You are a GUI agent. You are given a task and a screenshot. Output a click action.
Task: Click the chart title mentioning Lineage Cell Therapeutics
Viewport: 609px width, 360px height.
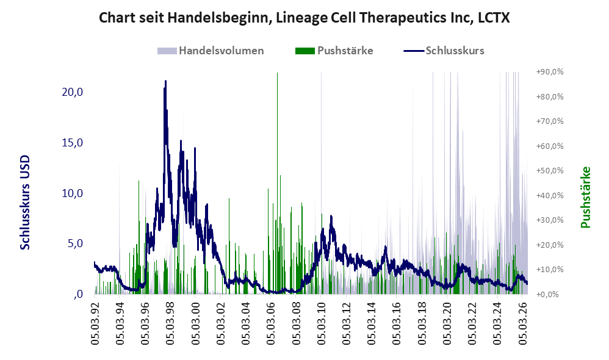304,18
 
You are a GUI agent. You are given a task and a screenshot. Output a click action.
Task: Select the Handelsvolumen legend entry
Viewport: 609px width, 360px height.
211,51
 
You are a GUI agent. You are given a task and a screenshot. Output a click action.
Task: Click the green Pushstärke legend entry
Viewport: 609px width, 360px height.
334,51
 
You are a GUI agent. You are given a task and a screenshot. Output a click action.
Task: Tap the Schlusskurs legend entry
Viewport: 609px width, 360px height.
444,51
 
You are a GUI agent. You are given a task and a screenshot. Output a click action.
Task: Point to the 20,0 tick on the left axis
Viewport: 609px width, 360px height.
72,92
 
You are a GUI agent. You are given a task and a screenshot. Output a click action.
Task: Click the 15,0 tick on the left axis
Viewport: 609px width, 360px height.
72,143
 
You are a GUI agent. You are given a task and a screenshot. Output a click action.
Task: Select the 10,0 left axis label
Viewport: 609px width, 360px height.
72,193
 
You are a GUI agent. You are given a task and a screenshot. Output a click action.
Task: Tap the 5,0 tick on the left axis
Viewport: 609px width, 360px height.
75,243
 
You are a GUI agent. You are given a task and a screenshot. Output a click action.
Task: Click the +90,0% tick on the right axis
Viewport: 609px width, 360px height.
550,72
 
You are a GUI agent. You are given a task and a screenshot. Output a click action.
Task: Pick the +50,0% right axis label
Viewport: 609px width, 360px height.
550,170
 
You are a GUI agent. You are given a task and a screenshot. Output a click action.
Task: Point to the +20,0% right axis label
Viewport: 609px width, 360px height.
550,245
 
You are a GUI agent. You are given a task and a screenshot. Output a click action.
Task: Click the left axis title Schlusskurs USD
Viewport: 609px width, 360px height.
25,203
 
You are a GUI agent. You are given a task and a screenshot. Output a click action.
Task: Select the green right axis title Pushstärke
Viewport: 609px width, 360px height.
585,197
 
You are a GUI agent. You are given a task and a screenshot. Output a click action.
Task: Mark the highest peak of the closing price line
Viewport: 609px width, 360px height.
165,81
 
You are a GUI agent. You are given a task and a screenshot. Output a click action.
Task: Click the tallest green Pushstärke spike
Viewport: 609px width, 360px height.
277,182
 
